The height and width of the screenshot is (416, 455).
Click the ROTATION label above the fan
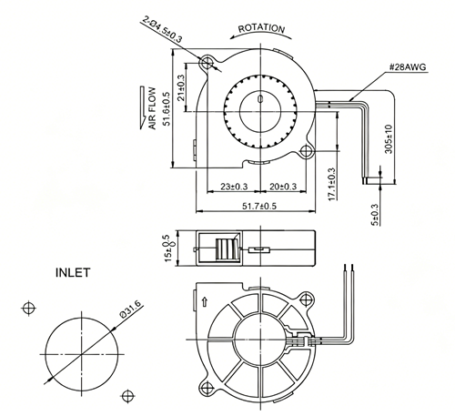pyautogui.click(x=261, y=28)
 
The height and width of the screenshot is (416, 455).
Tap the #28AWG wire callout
pyautogui.click(x=408, y=67)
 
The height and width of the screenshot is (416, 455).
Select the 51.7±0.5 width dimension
pyautogui.click(x=259, y=206)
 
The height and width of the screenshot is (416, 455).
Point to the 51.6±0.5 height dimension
pyautogui.click(x=167, y=108)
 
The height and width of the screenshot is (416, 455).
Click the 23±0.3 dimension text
pyautogui.click(x=234, y=187)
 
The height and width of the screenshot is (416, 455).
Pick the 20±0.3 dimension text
pyautogui.click(x=283, y=187)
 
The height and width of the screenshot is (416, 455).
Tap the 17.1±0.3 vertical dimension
pyautogui.click(x=332, y=184)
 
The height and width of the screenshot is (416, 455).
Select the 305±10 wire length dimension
pyautogui.click(x=389, y=139)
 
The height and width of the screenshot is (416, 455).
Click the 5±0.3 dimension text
pyautogui.click(x=375, y=215)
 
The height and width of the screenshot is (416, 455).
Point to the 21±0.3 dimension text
pyautogui.click(x=181, y=87)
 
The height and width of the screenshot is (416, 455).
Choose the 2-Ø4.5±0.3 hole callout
pyautogui.click(x=163, y=29)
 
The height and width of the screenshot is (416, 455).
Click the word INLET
pyautogui.click(x=73, y=273)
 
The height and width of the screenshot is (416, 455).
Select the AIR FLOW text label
pyautogui.click(x=152, y=108)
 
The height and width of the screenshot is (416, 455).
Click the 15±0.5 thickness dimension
pyautogui.click(x=168, y=249)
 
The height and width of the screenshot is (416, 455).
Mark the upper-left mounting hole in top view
pyautogui.click(x=207, y=63)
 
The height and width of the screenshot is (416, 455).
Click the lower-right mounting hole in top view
pyautogui.click(x=307, y=151)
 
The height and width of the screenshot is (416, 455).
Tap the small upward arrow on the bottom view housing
pyautogui.click(x=205, y=302)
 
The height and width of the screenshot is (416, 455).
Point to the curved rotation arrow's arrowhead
pyautogui.click(x=233, y=37)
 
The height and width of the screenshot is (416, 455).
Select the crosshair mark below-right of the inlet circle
pyautogui.click(x=127, y=396)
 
